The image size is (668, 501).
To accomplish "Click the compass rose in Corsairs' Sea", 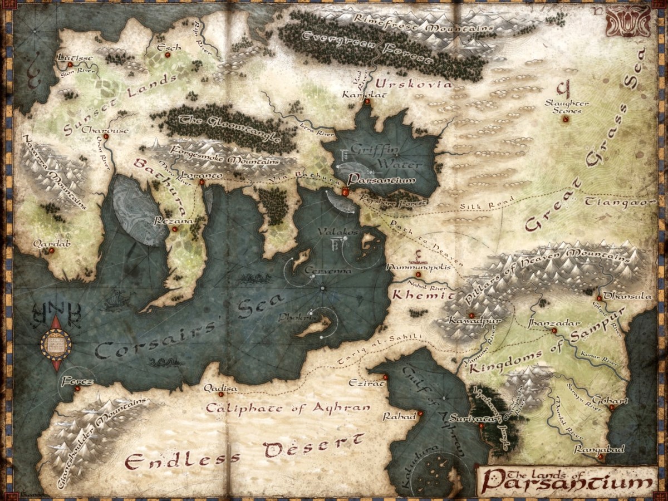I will (x=56, y=343).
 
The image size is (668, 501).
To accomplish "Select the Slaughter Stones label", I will (x=567, y=107).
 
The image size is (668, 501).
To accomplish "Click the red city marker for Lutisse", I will (x=70, y=65).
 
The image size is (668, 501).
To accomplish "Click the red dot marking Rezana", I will (x=175, y=229).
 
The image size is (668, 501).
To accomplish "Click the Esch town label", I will (x=169, y=48).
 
